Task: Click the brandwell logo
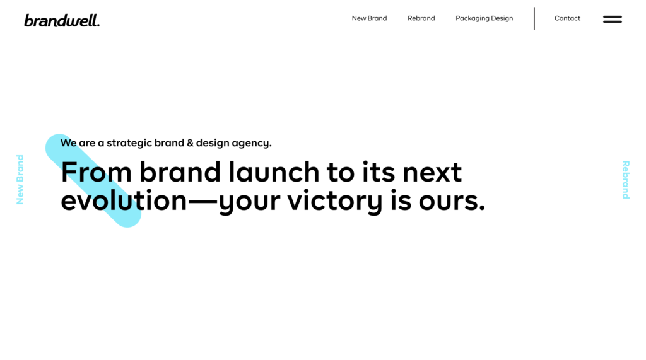click(x=62, y=20)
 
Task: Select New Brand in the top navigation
click(x=369, y=18)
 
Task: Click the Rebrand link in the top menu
click(x=421, y=18)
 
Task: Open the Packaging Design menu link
click(x=484, y=18)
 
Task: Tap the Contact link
click(x=567, y=18)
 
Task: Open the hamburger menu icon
click(x=613, y=20)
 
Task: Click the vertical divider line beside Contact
click(x=534, y=18)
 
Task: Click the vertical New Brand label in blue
click(x=20, y=180)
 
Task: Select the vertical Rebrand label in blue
click(x=626, y=180)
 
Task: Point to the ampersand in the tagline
click(x=190, y=143)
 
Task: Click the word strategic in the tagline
click(x=129, y=143)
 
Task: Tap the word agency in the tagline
click(x=251, y=144)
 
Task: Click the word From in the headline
click(x=96, y=172)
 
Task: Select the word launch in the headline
click(x=274, y=171)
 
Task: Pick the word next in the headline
click(x=432, y=173)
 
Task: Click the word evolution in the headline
click(x=124, y=200)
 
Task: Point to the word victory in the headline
click(x=335, y=202)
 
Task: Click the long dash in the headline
click(x=203, y=201)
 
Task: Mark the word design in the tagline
click(x=213, y=143)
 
